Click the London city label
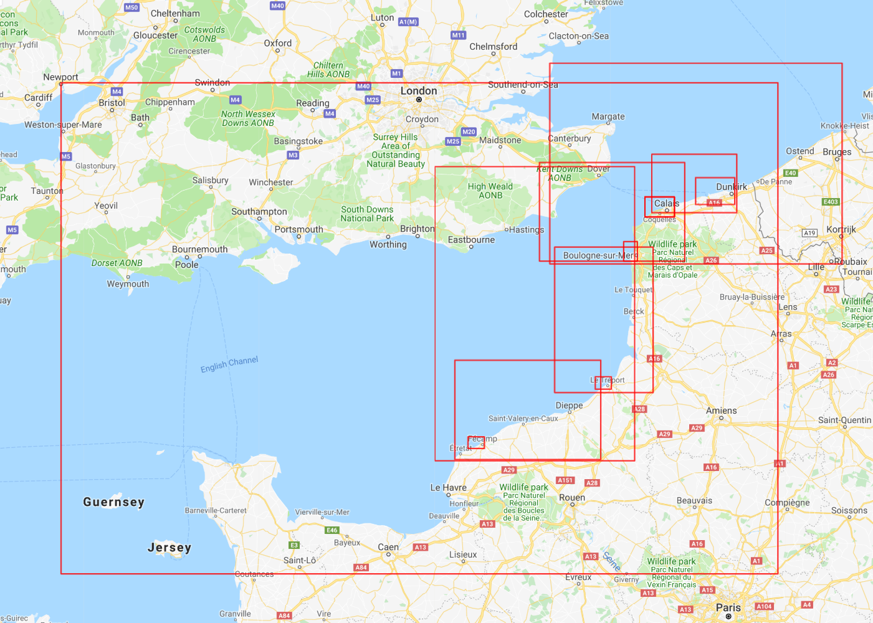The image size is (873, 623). [x=418, y=91]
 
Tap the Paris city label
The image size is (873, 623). [x=728, y=607]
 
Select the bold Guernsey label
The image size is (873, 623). [x=113, y=502]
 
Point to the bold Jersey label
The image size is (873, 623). [x=169, y=548]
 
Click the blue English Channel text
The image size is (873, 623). [x=229, y=364]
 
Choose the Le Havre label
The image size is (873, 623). [x=448, y=488]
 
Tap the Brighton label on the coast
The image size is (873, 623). [x=417, y=229]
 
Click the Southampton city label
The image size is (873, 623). [x=259, y=212]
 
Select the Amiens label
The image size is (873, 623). [x=721, y=411]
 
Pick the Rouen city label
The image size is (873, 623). [x=571, y=497]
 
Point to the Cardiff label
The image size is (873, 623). [x=38, y=98]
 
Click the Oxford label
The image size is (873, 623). [x=277, y=44]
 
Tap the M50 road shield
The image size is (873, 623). [x=131, y=7]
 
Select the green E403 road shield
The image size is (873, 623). [x=831, y=202]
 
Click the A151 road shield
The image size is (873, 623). [x=565, y=480]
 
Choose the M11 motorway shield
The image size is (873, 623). [x=458, y=36]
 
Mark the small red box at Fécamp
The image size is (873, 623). [x=476, y=442]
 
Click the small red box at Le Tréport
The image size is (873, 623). [x=603, y=383]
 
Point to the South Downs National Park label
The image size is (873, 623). [x=367, y=214]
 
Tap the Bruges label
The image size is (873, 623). [x=836, y=152]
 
